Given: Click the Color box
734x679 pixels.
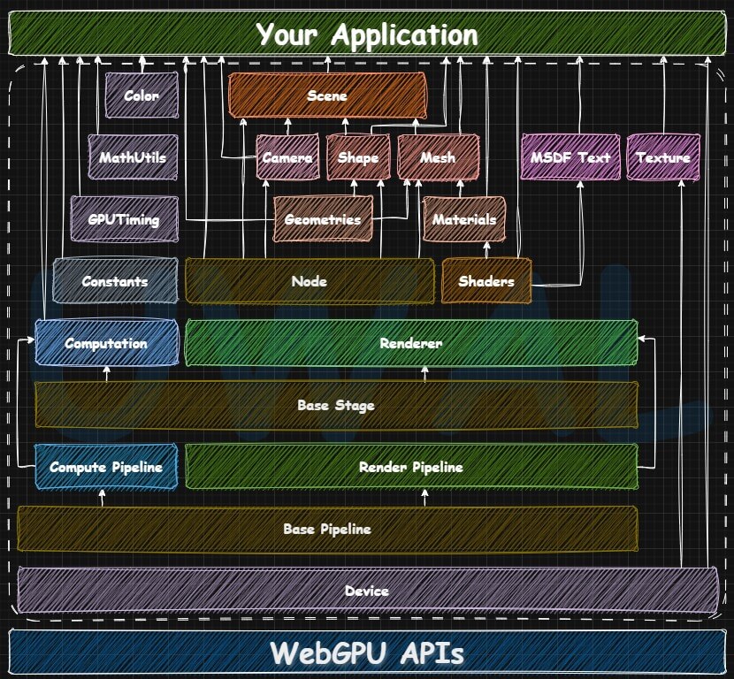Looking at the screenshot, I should (141, 95).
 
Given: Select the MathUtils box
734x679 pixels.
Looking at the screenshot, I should (133, 157).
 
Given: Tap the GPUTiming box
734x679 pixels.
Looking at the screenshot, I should (124, 219).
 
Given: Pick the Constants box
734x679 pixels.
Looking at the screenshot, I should (115, 281).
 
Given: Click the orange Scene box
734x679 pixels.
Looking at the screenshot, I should (327, 95).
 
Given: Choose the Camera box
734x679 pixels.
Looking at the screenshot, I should (287, 157).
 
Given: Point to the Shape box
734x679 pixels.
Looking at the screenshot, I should (358, 157).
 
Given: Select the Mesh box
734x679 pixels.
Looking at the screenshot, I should (438, 157).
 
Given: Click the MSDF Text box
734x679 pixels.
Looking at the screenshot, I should (570, 157).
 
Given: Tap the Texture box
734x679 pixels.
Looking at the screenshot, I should (663, 157).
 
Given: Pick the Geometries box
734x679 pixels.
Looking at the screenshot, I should (323, 219).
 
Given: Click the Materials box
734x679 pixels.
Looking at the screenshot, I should (464, 219).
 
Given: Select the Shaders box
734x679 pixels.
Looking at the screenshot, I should (486, 281).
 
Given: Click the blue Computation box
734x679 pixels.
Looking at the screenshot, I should (106, 343).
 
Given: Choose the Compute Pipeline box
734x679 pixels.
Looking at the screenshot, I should (106, 467).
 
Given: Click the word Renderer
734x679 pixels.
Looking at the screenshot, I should (410, 343).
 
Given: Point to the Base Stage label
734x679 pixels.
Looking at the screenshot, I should (336, 406).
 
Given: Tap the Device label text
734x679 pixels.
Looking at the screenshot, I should (367, 591).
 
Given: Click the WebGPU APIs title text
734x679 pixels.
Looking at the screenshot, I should (367, 653).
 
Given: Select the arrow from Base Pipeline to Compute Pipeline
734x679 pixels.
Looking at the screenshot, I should (103, 498).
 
